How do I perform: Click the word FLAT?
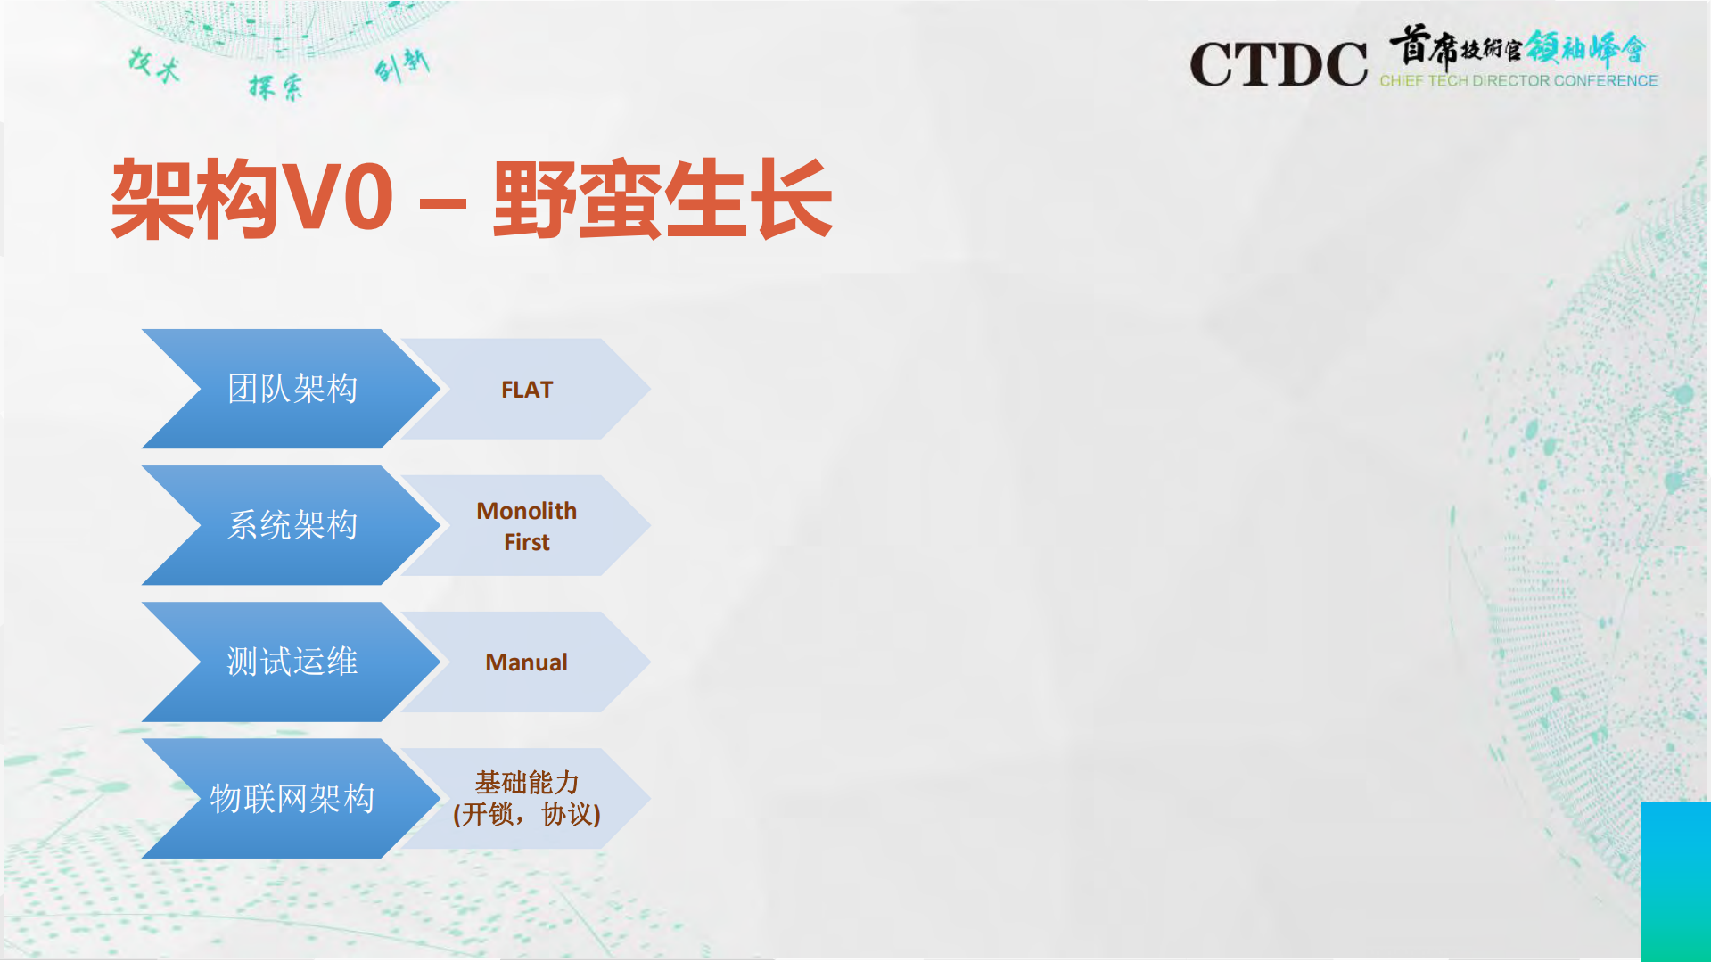point(527,390)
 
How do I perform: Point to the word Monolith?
point(526,511)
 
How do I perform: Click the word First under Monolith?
point(526,542)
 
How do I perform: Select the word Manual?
point(526,662)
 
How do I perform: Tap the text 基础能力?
point(526,783)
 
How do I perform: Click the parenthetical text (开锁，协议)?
point(526,814)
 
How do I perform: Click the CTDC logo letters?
point(1278,64)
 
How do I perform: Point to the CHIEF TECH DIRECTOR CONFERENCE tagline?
point(1518,81)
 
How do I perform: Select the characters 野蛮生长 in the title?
point(662,200)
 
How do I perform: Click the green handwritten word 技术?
point(154,65)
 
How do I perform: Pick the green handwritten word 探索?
point(276,86)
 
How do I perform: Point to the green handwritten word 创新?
point(402,64)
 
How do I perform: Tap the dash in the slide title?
point(442,203)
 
